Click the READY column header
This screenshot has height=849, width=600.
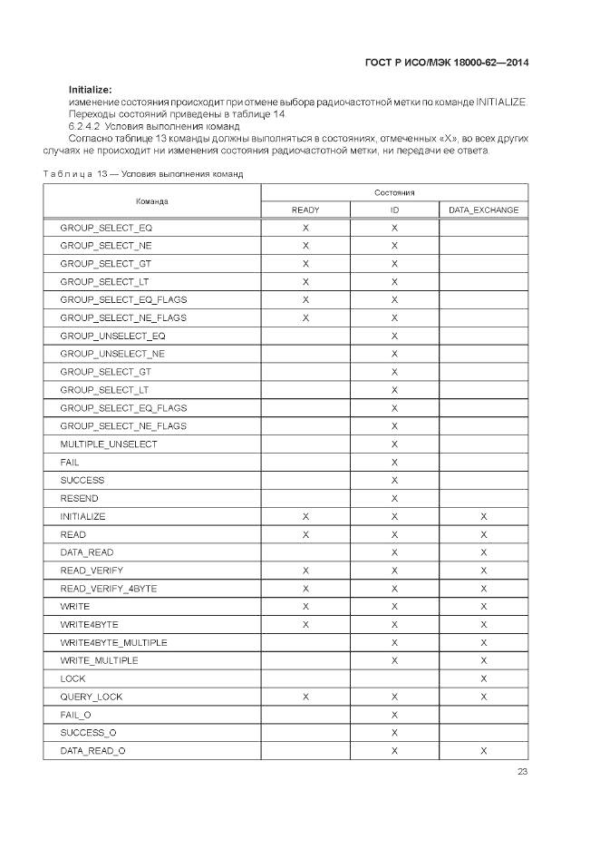pyautogui.click(x=305, y=210)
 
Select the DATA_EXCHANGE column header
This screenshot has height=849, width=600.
pyautogui.click(x=484, y=210)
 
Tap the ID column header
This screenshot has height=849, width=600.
pyautogui.click(x=394, y=210)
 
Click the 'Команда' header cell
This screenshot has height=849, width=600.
pyautogui.click(x=152, y=200)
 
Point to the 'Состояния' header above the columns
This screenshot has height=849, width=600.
pyautogui.click(x=394, y=192)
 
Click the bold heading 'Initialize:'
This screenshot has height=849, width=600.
pyautogui.click(x=90, y=89)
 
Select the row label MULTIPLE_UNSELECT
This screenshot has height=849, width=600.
pyautogui.click(x=108, y=444)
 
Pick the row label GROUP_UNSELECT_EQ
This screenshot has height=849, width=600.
pyautogui.click(x=112, y=336)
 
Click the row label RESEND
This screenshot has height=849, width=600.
pyautogui.click(x=80, y=498)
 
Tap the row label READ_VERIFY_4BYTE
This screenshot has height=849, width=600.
pyautogui.click(x=108, y=589)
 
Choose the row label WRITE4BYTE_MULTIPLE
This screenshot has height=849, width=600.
pyautogui.click(x=113, y=642)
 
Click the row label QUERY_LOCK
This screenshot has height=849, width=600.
pyautogui.click(x=91, y=697)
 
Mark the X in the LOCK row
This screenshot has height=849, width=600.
pyautogui.click(x=484, y=678)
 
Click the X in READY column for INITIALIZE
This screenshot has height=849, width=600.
pyautogui.click(x=305, y=516)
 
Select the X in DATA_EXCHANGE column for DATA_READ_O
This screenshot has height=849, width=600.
pyautogui.click(x=484, y=751)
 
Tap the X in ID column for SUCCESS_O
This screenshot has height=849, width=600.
pyautogui.click(x=394, y=733)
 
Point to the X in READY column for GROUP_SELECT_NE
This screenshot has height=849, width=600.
pyautogui.click(x=305, y=245)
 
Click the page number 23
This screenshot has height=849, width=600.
pyautogui.click(x=522, y=772)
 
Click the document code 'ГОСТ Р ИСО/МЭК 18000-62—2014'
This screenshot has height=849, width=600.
pyautogui.click(x=446, y=63)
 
